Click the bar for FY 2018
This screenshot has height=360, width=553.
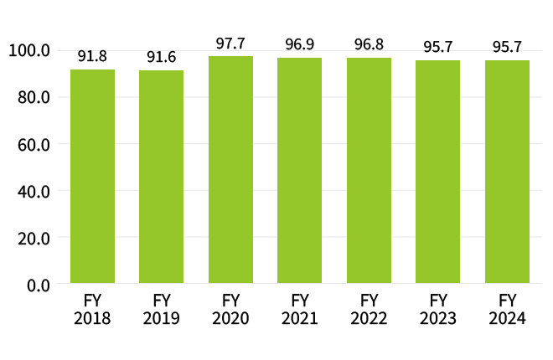coord(92,177)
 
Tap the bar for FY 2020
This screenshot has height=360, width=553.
coord(230,170)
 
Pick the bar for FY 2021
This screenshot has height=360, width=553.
coord(299,171)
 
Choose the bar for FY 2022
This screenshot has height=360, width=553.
coord(369,171)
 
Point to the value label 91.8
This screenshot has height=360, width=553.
coord(92,57)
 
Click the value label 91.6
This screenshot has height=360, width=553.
coord(161,57)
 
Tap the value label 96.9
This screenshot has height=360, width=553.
coord(299,45)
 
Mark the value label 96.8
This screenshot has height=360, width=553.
coord(369,45)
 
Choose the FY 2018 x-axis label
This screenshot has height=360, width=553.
coord(92,309)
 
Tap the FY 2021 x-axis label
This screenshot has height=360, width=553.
coord(299,309)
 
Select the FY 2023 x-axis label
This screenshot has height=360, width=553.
coord(437,309)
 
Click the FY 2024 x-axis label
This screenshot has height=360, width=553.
coord(507,309)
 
